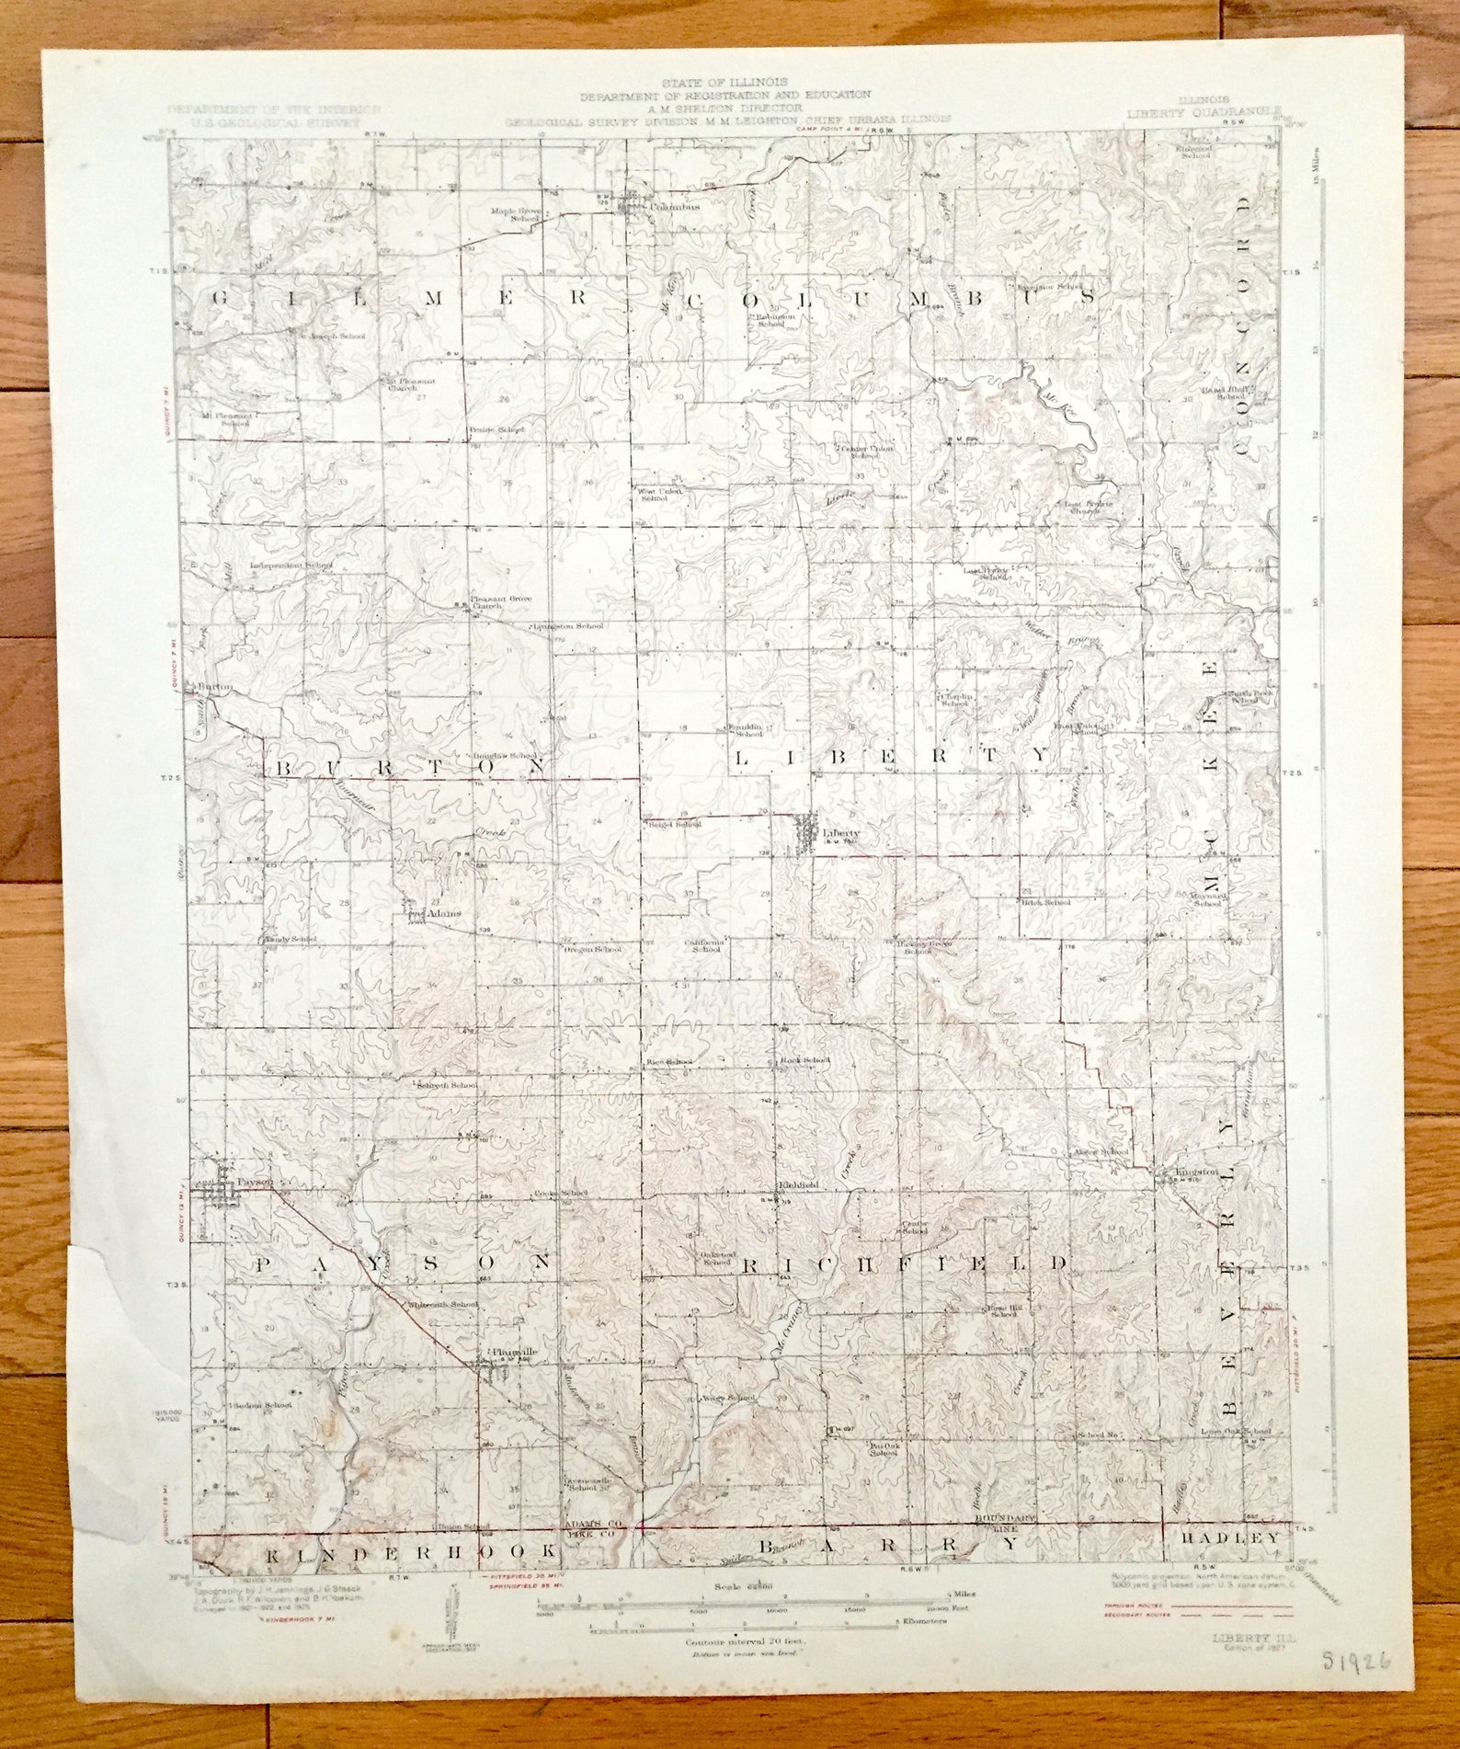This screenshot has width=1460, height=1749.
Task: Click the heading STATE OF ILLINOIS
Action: [724, 82]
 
